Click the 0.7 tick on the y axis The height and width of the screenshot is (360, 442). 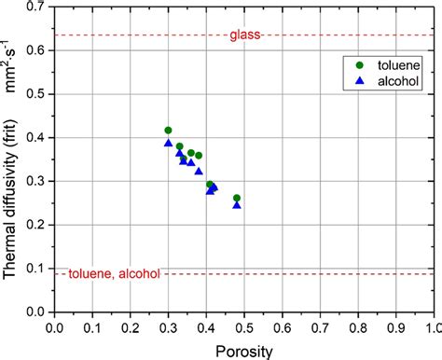pos(38,7)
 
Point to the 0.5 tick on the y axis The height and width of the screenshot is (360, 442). pos(38,94)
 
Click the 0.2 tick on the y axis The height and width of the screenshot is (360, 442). pos(38,225)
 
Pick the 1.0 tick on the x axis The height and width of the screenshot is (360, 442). pos(434,327)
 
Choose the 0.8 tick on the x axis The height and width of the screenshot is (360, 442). pos(358,327)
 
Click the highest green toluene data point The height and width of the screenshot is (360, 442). pos(168,131)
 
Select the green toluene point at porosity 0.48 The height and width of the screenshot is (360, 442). pos(237,198)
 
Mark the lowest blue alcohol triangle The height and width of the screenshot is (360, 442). pos(237,205)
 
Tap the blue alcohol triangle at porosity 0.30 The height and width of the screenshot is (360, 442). pos(168,143)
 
